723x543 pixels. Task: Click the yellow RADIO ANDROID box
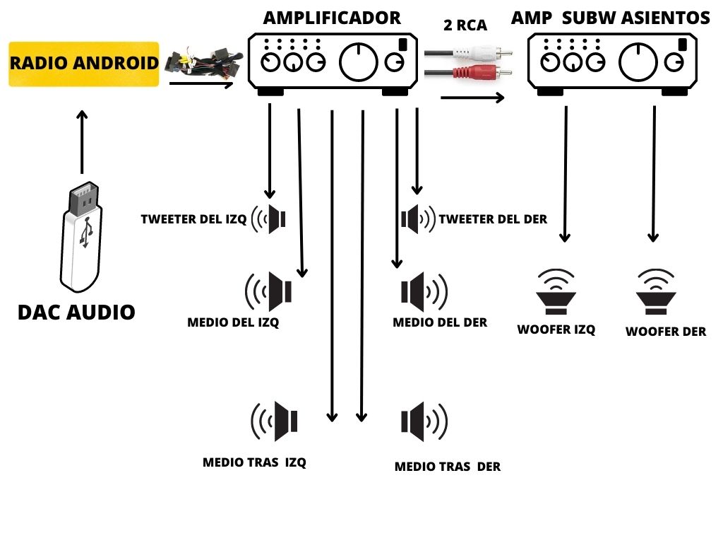tap(83, 64)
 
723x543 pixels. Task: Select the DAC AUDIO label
tap(76, 312)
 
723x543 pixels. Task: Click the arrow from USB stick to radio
tap(82, 141)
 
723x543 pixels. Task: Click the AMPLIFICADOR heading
tap(331, 18)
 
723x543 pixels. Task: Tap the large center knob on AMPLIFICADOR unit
tap(359, 62)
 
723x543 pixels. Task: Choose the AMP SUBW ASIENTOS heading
tap(609, 18)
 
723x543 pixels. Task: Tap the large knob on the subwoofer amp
tap(638, 62)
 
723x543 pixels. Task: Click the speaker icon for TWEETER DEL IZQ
tap(271, 219)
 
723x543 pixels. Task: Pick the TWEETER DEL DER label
tap(493, 219)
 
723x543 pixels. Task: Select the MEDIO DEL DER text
tap(440, 322)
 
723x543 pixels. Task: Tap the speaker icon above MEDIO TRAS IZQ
tap(275, 421)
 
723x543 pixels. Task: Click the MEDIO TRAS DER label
tap(447, 467)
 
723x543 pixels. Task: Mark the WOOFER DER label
tap(665, 331)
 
